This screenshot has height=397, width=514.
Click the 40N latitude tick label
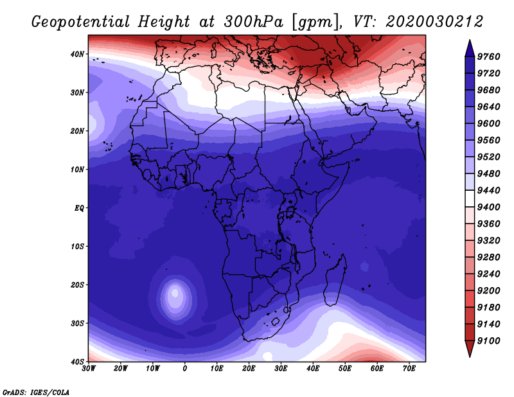(77, 54)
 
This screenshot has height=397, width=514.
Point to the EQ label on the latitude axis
(79, 208)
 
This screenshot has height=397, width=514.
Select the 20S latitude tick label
(77, 285)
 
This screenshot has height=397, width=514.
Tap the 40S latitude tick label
(77, 362)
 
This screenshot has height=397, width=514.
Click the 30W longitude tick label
(89, 369)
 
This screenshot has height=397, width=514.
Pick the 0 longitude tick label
(185, 369)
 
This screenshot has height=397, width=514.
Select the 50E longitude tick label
(345, 369)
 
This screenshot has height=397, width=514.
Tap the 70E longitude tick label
(409, 369)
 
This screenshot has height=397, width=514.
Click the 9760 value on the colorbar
(489, 57)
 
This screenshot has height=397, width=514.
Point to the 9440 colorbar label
(489, 190)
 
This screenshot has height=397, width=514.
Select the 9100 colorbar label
(489, 341)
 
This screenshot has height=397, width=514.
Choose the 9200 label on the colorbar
(489, 291)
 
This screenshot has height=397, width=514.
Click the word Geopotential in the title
(81, 22)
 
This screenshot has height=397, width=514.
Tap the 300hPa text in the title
(253, 22)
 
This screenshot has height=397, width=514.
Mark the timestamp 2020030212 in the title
(434, 22)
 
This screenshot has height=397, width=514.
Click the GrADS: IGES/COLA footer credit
(36, 393)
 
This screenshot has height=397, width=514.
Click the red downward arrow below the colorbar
(470, 349)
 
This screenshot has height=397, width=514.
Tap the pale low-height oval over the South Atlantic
(175, 297)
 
